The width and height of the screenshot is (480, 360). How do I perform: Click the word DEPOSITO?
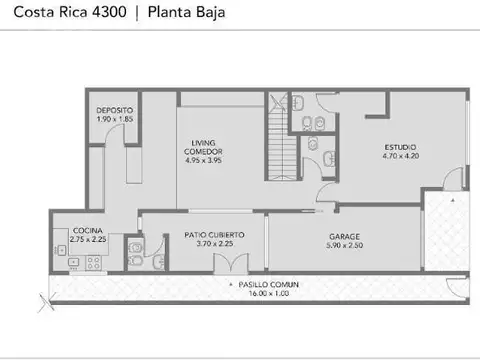115,110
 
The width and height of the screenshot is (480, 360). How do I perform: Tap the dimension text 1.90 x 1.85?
115,119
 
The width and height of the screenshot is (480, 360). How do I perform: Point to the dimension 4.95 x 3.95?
207,159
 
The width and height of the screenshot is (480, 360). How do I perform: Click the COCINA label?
73,231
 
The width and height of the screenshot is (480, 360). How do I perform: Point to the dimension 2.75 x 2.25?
74,240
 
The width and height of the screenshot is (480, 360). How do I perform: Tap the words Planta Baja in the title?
187,13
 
